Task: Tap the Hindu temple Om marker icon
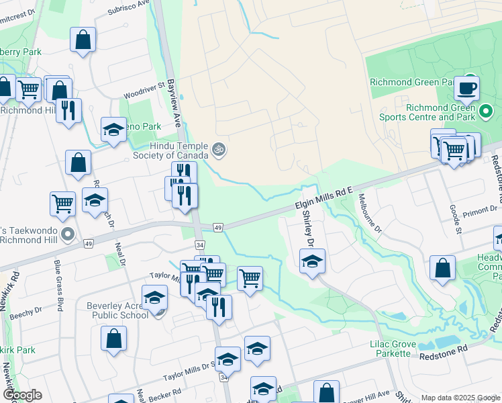(x=217, y=149)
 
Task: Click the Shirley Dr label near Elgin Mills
(x=309, y=228)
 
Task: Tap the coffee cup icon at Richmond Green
(x=466, y=88)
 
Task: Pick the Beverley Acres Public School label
(x=117, y=310)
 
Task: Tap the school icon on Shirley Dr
(x=312, y=261)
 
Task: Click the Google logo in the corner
(x=21, y=395)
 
